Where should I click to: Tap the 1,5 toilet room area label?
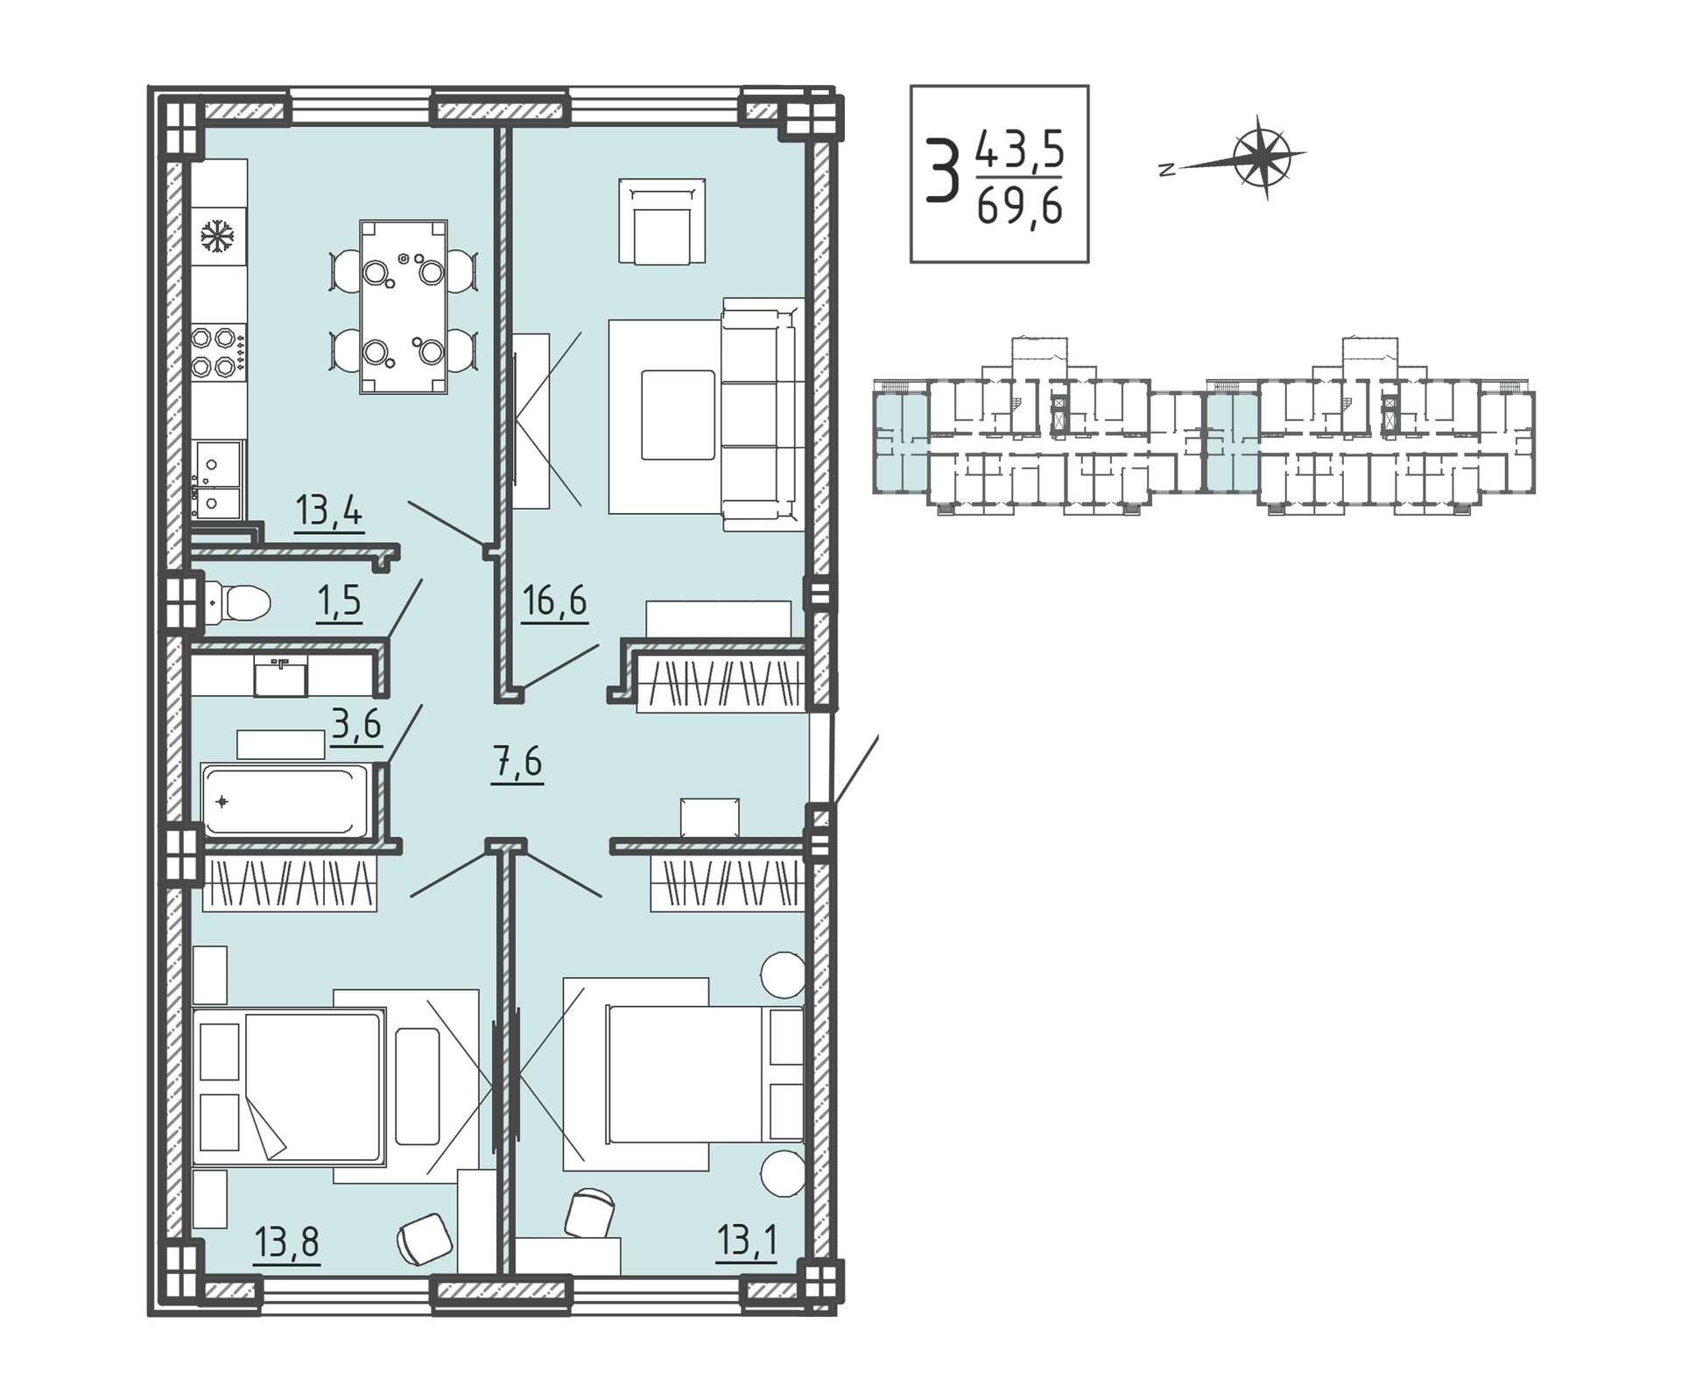coord(339,602)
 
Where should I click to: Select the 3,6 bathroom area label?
coord(356,725)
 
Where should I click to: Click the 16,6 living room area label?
coord(554,602)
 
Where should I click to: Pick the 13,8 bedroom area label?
coord(287,1242)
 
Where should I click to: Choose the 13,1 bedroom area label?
coord(747,1242)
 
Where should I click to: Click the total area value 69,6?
coord(1020,208)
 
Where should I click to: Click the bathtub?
coord(287,800)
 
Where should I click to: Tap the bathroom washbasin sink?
coord(280,677)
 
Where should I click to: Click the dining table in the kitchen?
coord(404,307)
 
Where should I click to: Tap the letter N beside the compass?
coord(1166,171)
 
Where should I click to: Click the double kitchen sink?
coord(218,479)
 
